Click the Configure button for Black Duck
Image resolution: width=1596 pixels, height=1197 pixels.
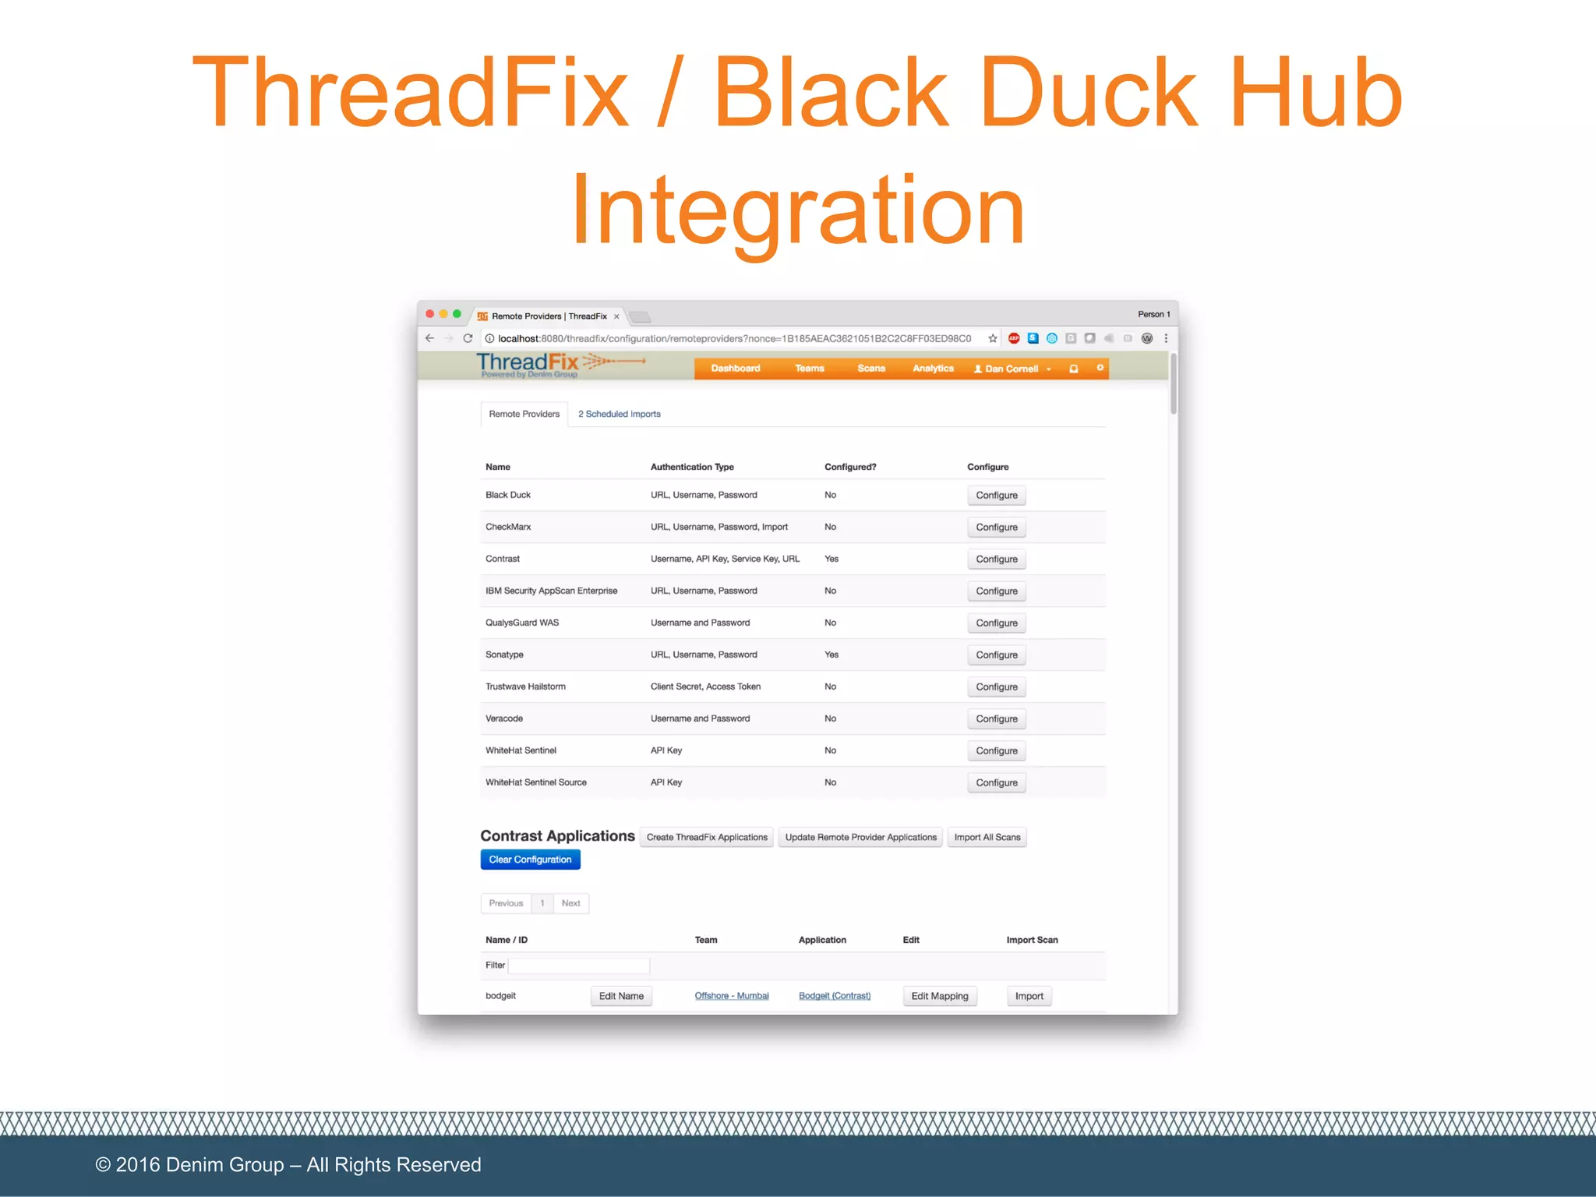tap(996, 496)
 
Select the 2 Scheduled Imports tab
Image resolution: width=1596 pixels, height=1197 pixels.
tap(619, 414)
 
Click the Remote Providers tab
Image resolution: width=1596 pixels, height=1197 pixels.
tap(524, 414)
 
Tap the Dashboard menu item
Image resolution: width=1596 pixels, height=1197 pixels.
tap(735, 369)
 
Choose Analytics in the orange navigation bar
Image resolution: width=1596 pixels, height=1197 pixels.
tap(933, 369)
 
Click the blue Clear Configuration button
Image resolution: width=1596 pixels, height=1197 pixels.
tap(530, 860)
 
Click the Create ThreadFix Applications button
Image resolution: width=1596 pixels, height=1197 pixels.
tap(706, 838)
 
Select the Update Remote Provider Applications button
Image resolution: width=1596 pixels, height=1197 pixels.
tap(860, 838)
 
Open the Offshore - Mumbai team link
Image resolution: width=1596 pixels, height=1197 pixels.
tap(731, 996)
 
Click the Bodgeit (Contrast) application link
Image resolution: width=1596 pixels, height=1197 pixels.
tap(834, 996)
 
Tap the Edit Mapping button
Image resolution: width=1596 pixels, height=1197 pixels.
tap(939, 996)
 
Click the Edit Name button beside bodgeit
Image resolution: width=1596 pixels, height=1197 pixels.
tap(621, 996)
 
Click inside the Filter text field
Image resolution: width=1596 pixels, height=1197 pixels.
tap(578, 966)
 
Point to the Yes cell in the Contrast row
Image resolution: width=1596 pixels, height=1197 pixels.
tap(832, 559)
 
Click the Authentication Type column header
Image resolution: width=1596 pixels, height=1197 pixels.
tap(692, 467)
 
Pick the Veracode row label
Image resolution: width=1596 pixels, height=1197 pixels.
tap(504, 719)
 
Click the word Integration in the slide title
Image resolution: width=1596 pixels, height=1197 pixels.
tap(798, 210)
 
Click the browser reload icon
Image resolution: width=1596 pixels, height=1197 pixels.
tap(468, 338)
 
